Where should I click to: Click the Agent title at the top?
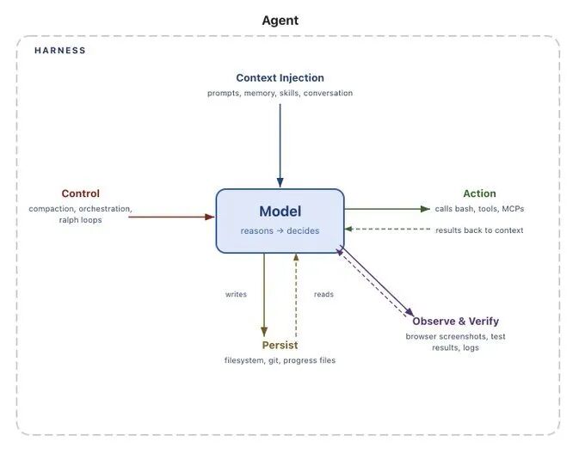click(x=280, y=20)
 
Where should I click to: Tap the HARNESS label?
click(x=60, y=51)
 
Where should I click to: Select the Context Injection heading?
click(x=280, y=77)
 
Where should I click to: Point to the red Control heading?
click(x=80, y=193)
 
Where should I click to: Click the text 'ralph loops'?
click(x=80, y=220)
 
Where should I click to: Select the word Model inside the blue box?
click(x=280, y=212)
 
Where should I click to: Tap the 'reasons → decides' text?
click(x=280, y=230)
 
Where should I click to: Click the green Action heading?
click(x=479, y=193)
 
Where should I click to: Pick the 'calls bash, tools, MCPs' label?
click(x=479, y=209)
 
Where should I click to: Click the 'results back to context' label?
click(x=479, y=230)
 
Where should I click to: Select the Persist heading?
click(x=280, y=346)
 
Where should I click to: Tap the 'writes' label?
click(x=236, y=294)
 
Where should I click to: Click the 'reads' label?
click(x=323, y=294)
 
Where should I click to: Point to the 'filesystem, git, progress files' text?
click(x=280, y=360)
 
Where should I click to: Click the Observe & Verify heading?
click(x=455, y=322)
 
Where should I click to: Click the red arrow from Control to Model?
click(x=172, y=217)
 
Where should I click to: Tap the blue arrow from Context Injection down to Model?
click(x=280, y=142)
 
